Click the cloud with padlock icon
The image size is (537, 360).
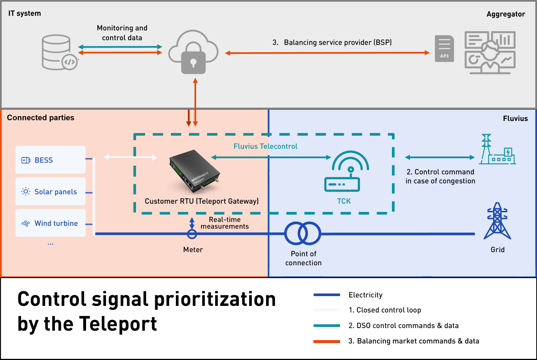click(193, 52)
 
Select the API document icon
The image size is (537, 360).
click(444, 48)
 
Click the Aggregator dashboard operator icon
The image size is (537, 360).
click(490, 53)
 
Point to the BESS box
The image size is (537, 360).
click(50, 160)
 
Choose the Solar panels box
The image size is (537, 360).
click(50, 191)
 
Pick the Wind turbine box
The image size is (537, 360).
click(50, 223)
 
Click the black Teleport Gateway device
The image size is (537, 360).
click(194, 171)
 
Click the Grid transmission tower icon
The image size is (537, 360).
click(497, 221)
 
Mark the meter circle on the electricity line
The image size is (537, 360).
click(192, 234)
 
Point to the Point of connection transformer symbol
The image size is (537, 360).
click(303, 233)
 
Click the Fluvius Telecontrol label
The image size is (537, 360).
click(265, 146)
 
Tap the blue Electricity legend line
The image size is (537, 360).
click(327, 295)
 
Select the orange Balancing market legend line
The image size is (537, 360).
click(327, 341)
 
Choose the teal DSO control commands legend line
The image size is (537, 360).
click(327, 326)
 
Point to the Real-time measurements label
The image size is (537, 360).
click(225, 223)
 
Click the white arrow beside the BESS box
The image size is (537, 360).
click(130, 157)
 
